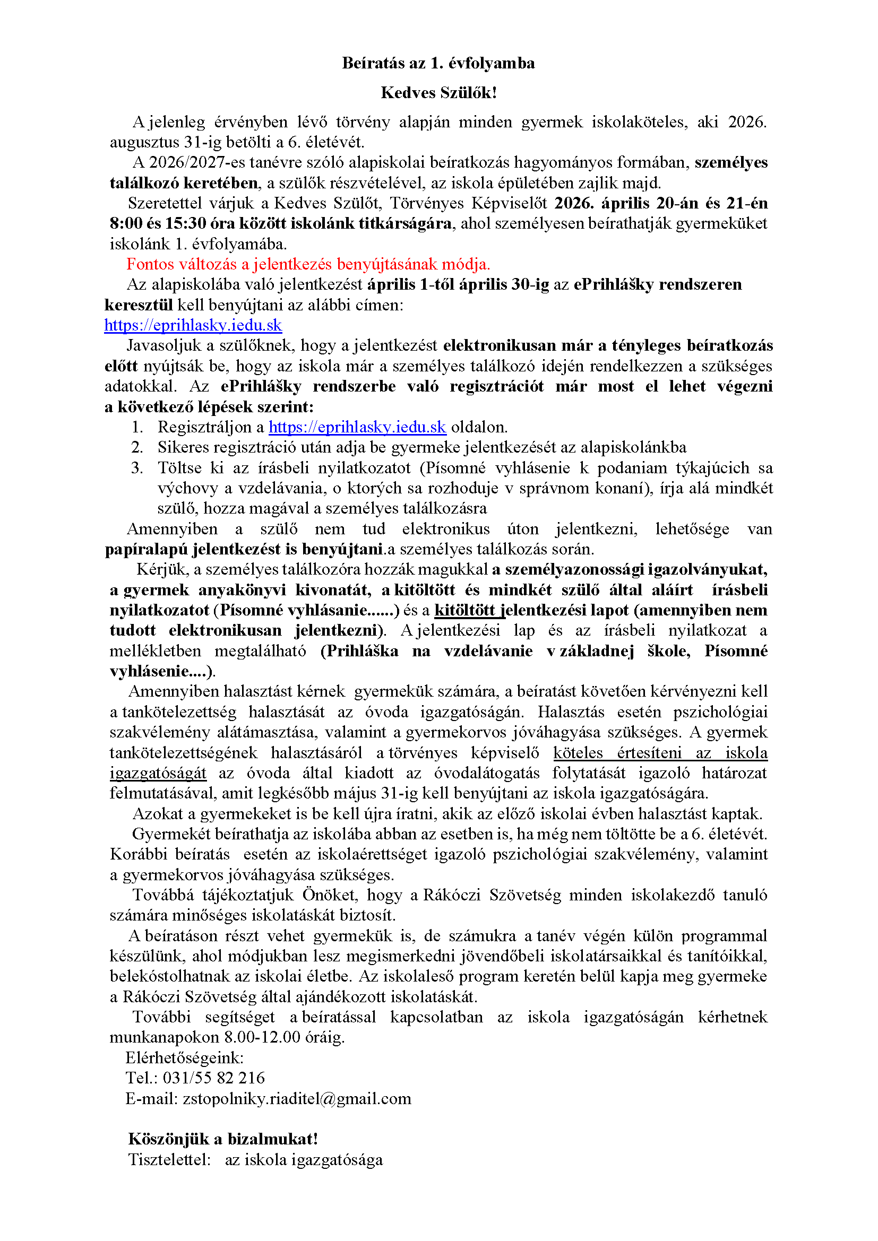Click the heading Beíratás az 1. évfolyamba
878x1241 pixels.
[438, 63]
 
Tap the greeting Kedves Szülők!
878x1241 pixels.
[438, 92]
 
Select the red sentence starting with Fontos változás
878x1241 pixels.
[308, 264]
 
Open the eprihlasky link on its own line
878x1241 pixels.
[193, 325]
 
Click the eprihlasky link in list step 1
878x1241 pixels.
[357, 427]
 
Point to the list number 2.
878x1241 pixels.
[137, 447]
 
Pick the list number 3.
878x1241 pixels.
[137, 467]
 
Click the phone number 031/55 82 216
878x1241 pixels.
[214, 1078]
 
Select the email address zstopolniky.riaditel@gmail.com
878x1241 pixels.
[297, 1098]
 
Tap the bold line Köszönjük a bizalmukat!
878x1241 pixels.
[223, 1139]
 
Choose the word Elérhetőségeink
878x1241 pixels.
[184, 1057]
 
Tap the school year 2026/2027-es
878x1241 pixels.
[198, 162]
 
